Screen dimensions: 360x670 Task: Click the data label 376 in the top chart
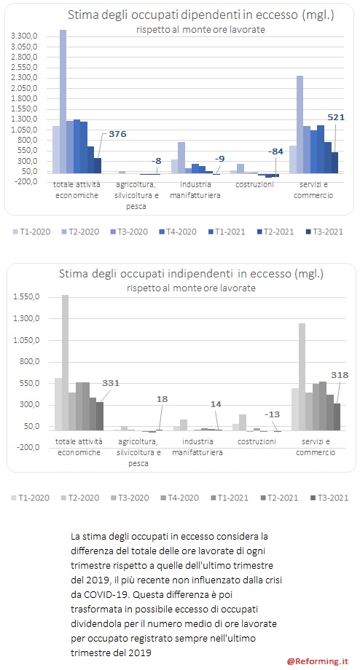[x=117, y=134]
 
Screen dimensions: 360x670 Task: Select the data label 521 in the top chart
[x=336, y=117]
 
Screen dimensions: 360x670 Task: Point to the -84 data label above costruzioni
[x=275, y=151]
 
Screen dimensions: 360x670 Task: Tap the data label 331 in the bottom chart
[x=111, y=383]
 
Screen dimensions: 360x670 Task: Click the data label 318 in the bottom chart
[x=340, y=376]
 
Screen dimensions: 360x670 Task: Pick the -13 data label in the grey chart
[x=273, y=414]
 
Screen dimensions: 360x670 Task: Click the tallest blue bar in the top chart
[x=63, y=102]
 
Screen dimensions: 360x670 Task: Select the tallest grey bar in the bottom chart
[x=65, y=363]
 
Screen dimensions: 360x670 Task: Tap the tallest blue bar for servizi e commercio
[x=300, y=125]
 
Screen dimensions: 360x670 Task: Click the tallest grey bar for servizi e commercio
[x=302, y=377]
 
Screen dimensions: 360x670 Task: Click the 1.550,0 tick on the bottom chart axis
[x=28, y=297]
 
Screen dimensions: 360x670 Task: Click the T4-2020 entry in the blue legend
[x=176, y=232]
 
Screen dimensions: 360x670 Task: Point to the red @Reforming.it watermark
[x=318, y=661]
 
